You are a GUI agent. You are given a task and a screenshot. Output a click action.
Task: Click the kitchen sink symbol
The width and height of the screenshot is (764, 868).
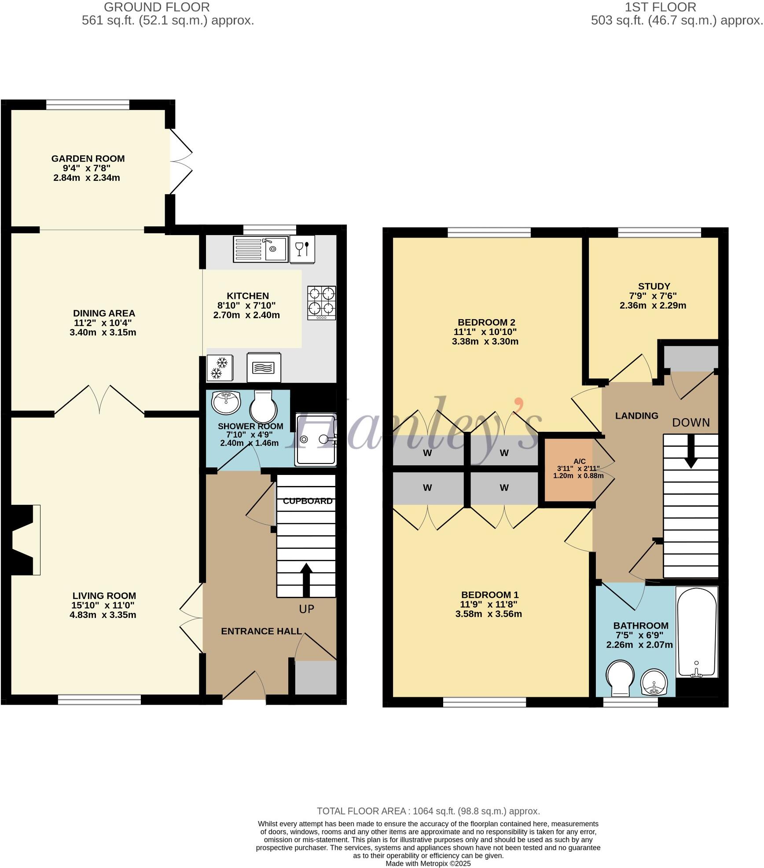[x=260, y=249]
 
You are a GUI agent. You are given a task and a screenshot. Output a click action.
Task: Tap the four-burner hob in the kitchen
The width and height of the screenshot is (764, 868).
[x=322, y=303]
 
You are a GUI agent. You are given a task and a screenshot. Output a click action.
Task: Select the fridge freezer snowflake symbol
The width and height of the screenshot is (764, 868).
[x=219, y=368]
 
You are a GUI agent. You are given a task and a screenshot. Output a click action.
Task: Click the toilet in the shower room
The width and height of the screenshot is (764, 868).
[x=263, y=407]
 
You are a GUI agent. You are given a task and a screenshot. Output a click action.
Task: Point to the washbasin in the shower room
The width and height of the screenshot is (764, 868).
[x=226, y=402]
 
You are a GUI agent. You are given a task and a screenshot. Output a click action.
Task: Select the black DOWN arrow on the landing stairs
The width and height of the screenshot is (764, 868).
[x=691, y=451]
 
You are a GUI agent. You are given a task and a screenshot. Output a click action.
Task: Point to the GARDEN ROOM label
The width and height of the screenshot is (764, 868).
[x=88, y=158]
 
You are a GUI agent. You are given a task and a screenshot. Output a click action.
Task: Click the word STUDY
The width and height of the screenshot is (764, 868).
[x=654, y=286]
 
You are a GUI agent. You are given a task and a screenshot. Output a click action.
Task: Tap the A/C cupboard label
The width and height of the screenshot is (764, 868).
[x=580, y=461]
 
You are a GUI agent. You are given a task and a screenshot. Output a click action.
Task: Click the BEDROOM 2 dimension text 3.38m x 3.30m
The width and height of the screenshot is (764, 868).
[x=485, y=342]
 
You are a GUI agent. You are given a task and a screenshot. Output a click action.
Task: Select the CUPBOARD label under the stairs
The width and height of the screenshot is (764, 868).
[x=308, y=501]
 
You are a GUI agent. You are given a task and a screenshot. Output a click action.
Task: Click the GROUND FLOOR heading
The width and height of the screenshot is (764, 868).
[x=157, y=7]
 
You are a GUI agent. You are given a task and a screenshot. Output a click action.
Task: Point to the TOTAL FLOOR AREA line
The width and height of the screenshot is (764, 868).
[x=428, y=811]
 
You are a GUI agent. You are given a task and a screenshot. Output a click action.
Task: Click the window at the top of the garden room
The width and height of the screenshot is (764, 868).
[x=88, y=105]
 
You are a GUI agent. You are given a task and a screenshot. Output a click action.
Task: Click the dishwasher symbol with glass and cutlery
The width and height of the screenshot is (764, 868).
[x=302, y=249]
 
